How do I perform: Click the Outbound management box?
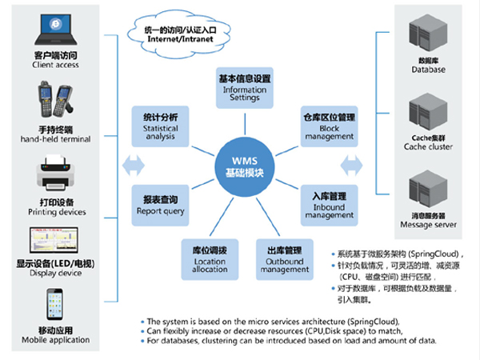tap(284, 258)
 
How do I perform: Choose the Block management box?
tap(330, 126)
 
